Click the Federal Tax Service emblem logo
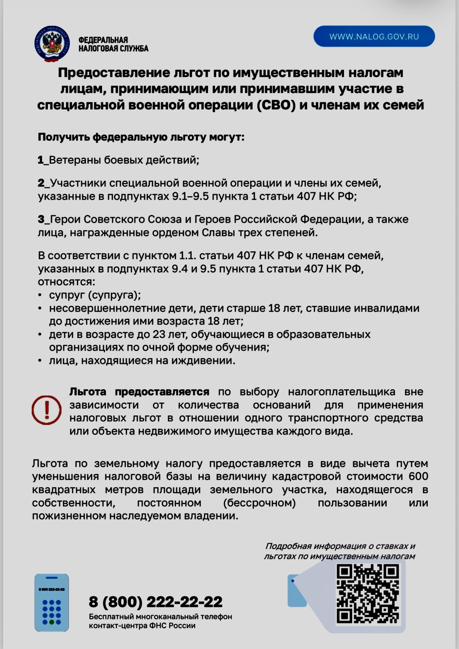point(52,44)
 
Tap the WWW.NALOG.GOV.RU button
point(374,37)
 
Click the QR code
point(367,594)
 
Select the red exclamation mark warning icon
point(46,410)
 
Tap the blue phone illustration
point(51,603)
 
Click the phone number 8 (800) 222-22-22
point(155,602)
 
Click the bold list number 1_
point(43,160)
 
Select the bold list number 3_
point(43,219)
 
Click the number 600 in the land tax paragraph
point(418,476)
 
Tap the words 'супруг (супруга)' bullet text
point(95,295)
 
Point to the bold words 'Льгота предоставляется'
point(139,392)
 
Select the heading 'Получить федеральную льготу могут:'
point(141,137)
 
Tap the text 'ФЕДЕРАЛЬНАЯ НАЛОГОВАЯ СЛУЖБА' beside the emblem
point(113,44)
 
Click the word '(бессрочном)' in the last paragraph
point(260,502)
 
